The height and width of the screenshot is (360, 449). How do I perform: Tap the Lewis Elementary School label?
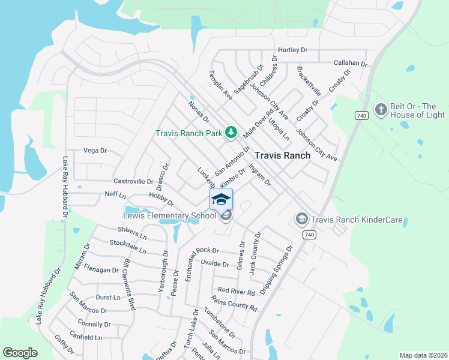click(169, 215)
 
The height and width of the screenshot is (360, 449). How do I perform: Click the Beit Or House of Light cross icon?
click(380, 110)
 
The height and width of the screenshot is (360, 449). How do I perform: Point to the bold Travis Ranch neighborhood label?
click(283, 155)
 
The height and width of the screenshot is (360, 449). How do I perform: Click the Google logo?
click(20, 353)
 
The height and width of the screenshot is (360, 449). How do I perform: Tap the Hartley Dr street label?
click(292, 50)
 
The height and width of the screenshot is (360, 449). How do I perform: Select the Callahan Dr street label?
click(350, 62)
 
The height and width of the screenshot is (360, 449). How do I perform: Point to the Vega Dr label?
click(95, 151)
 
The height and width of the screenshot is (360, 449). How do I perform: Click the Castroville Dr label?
click(134, 181)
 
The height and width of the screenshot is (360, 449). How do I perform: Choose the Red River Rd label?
click(237, 291)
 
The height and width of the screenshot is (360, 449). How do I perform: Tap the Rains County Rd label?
click(234, 304)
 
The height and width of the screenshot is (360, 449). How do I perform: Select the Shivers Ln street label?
click(132, 233)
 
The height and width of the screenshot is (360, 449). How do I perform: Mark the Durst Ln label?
click(108, 297)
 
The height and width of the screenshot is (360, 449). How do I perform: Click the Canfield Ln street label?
click(86, 337)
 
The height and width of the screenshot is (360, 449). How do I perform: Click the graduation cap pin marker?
click(221, 199)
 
